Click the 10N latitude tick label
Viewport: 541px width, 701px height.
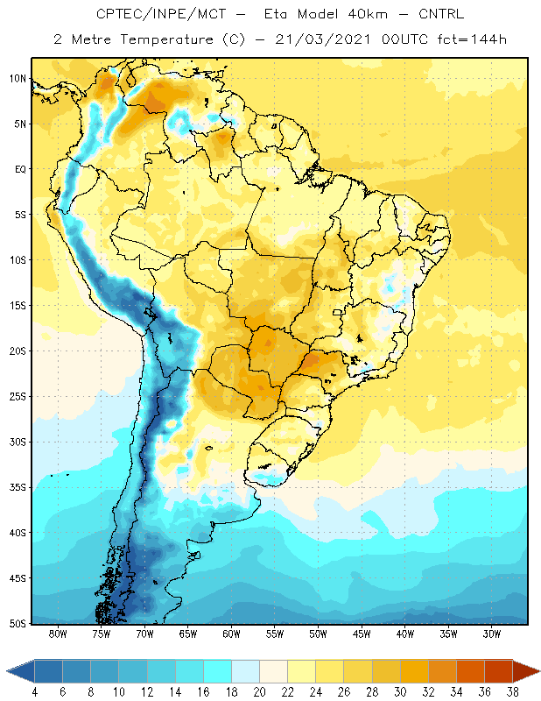tap(18, 79)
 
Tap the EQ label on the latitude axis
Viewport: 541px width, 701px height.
tap(20, 169)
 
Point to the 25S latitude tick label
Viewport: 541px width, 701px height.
tap(18, 397)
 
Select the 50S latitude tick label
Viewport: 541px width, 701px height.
tap(18, 624)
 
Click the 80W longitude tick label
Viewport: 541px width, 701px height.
tap(58, 634)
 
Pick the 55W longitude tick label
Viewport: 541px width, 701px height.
tap(275, 634)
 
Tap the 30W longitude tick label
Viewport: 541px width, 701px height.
tap(492, 634)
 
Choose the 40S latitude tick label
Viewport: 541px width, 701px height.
tap(18, 533)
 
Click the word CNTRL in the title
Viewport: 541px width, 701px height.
tap(441, 14)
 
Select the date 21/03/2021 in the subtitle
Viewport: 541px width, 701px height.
tap(323, 39)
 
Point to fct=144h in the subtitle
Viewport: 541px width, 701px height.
tap(472, 39)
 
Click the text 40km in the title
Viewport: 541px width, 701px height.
tap(367, 14)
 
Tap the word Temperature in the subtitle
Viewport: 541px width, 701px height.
tap(166, 40)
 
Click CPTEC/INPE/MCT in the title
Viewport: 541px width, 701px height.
tap(161, 14)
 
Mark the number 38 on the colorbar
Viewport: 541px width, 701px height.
tap(512, 692)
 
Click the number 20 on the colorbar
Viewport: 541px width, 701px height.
tap(259, 692)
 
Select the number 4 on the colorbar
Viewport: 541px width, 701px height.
tap(35, 692)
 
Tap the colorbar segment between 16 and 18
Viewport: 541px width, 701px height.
tap(218, 671)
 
